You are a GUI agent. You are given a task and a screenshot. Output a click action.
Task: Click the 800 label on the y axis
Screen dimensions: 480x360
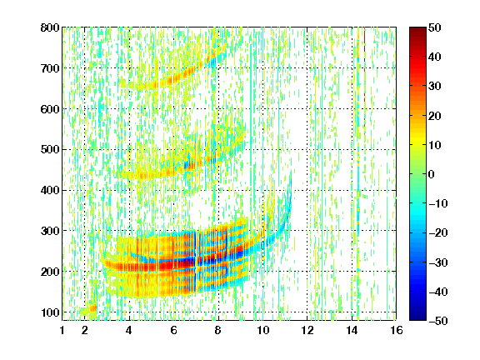pos(50,27)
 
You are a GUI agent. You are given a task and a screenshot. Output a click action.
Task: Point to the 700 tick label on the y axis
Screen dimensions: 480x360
pos(50,68)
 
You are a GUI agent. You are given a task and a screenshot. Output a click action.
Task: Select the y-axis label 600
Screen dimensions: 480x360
pos(50,109)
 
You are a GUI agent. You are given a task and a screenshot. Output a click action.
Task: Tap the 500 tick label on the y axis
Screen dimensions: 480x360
pos(50,150)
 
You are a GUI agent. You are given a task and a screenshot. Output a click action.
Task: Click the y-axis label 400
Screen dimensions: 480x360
pos(50,190)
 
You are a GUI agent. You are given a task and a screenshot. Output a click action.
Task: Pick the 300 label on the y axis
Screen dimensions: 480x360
pos(50,231)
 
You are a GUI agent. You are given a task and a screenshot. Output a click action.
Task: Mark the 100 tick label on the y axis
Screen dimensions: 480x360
pos(50,312)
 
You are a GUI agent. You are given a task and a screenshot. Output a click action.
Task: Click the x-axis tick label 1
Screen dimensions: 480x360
pos(62,330)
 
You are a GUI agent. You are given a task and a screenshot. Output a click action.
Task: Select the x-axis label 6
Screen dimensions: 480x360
pos(173,330)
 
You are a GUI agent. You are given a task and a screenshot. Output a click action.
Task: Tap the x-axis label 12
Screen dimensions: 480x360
pos(307,330)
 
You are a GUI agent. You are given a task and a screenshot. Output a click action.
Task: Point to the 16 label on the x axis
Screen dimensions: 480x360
pos(396,330)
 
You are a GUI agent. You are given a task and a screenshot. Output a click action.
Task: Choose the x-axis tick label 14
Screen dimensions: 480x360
pos(352,330)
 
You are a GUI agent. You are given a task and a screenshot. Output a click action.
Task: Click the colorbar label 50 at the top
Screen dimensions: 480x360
pos(434,27)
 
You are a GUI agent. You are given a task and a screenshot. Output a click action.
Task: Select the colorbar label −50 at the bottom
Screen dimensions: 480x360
pos(438,321)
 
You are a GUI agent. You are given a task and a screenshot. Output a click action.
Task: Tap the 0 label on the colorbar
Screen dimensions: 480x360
pos(432,174)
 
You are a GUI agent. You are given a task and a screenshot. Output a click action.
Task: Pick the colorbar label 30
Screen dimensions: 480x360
pos(434,87)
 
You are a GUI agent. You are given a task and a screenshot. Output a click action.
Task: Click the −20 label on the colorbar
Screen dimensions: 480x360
pos(438,233)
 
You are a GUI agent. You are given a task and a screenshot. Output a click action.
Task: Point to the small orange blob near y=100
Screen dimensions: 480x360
pos(91,308)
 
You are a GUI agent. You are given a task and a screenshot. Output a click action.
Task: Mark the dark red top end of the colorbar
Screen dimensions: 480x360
pos(417,31)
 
